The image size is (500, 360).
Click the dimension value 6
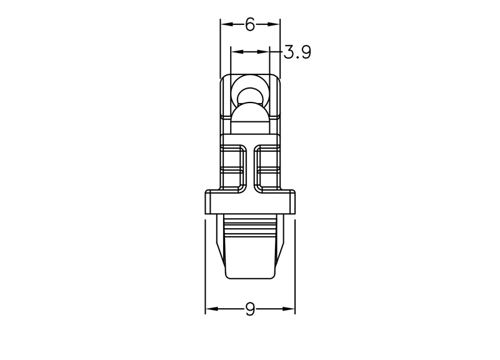(x=251, y=24)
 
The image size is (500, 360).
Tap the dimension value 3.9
(x=297, y=52)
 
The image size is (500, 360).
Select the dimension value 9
(x=251, y=309)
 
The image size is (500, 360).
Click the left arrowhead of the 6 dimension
(x=227, y=24)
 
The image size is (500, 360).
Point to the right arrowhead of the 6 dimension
(x=274, y=24)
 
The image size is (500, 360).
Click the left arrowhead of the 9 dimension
(x=212, y=309)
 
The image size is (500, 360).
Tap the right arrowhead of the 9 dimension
(x=289, y=309)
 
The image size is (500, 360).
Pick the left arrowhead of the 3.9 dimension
(x=237, y=52)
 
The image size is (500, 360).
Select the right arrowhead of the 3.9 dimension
(x=262, y=52)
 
